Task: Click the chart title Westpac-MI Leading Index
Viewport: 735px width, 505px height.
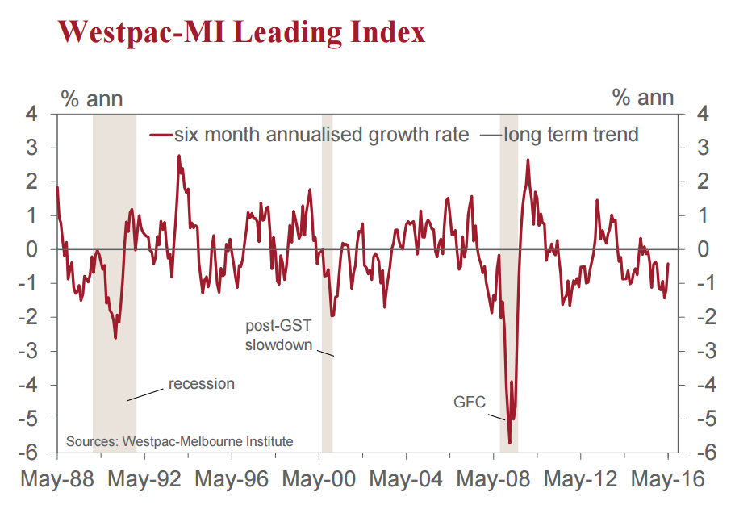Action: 241,32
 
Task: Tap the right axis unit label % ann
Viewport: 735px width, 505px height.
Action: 643,98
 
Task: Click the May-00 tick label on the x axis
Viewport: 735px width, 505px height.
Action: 318,478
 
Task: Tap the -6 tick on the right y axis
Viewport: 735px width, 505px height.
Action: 699,453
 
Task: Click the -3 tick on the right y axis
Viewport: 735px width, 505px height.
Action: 699,351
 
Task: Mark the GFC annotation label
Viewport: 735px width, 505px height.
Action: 470,401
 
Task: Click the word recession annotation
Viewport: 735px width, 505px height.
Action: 201,383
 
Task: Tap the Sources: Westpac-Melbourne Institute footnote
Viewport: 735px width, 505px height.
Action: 179,441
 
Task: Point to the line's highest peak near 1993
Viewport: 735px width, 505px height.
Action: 178,156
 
